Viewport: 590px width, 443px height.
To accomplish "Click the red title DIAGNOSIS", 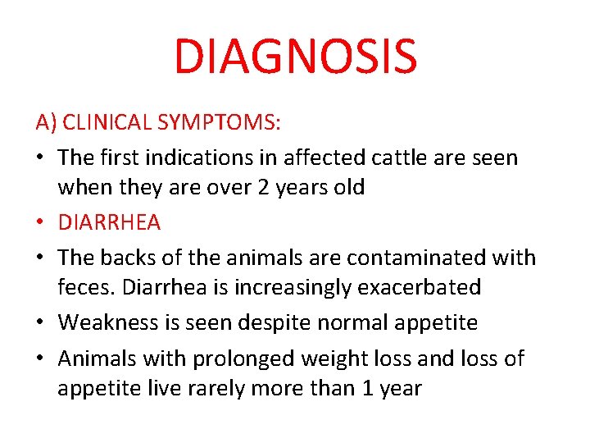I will tap(295, 56).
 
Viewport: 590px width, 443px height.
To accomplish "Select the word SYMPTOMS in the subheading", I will tap(220, 124).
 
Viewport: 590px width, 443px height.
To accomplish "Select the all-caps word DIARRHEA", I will tap(109, 222).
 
